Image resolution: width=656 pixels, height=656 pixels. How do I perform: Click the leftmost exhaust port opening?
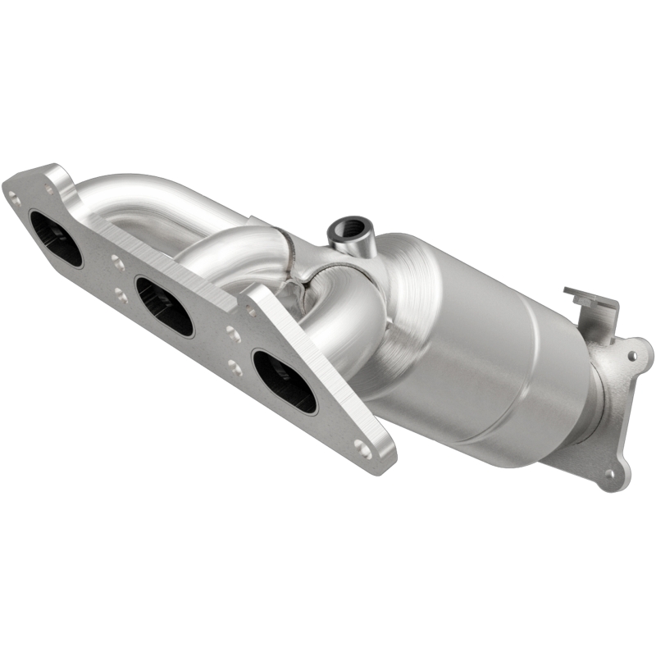[x=55, y=238]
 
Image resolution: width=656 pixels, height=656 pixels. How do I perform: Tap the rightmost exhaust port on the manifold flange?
[x=284, y=381]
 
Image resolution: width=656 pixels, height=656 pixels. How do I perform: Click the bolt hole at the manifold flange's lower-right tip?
[x=362, y=447]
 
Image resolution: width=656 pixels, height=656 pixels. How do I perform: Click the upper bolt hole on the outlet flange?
[x=632, y=357]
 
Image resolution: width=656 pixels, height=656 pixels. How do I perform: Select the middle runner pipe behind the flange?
[x=230, y=254]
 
